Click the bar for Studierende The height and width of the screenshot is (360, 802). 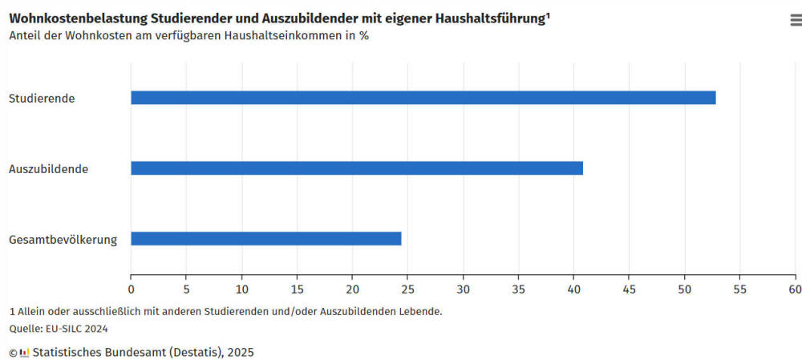[423, 98]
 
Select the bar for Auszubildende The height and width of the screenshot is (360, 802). [356, 168]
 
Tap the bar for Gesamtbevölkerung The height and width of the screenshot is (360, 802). [265, 239]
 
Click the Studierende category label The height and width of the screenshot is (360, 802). [42, 99]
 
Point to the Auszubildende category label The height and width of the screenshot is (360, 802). [48, 169]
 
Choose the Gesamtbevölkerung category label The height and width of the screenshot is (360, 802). [63, 240]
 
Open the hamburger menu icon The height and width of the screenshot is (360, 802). [796, 21]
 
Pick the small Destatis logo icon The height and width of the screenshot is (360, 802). [25, 352]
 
